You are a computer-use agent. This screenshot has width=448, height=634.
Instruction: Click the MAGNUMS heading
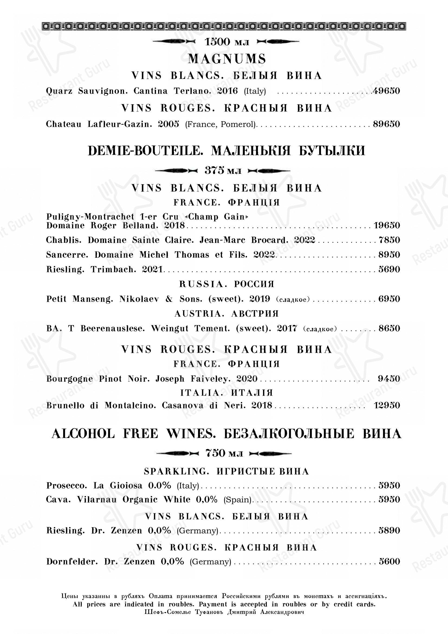226,59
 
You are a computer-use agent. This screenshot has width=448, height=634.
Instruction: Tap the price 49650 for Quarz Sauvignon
386,91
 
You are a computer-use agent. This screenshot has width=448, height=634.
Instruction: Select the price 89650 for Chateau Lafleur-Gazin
387,124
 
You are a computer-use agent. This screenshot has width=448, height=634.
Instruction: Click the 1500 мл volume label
226,42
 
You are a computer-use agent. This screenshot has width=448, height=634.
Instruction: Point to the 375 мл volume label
223,171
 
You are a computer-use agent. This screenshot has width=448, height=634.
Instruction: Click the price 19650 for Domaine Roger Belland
387,225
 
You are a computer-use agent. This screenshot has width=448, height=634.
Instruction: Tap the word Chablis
64,240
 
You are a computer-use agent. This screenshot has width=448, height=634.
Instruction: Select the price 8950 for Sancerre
389,255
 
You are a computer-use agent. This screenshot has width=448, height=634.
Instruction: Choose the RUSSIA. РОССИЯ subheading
226,284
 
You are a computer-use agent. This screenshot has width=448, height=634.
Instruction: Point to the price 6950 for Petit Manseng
389,299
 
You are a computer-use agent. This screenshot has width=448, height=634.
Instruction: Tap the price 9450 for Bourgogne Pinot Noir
389,379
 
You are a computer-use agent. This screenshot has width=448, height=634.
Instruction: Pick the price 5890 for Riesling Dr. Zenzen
389,530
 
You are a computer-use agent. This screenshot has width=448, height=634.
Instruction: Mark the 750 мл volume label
224,453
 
